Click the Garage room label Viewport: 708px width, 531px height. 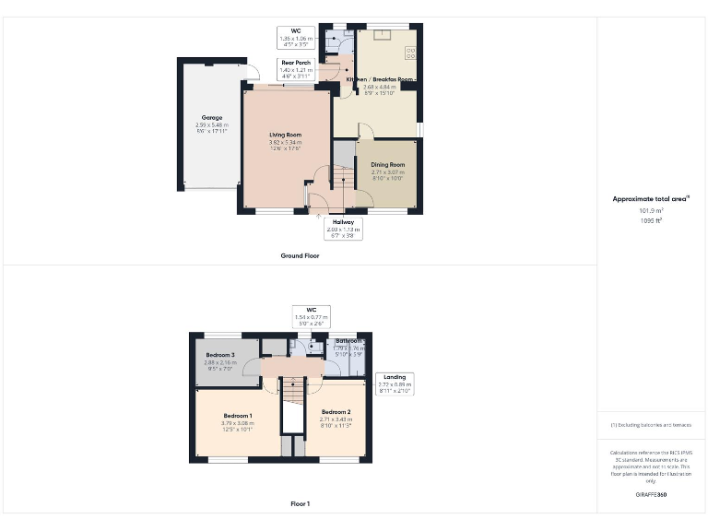pyautogui.click(x=213, y=118)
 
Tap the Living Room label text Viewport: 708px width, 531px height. pyautogui.click(x=285, y=136)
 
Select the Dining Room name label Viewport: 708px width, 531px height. pyautogui.click(x=388, y=164)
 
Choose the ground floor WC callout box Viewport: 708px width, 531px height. pyautogui.click(x=297, y=36)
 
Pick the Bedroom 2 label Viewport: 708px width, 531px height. pyautogui.click(x=336, y=411)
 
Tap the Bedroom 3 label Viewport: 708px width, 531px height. pyautogui.click(x=220, y=355)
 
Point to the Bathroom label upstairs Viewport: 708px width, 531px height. pyautogui.click(x=348, y=341)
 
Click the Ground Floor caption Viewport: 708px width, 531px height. pyautogui.click(x=300, y=255)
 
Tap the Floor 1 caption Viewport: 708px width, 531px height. pyautogui.click(x=300, y=503)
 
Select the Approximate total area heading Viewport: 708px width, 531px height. pyautogui.click(x=651, y=199)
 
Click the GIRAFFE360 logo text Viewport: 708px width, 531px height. pyautogui.click(x=651, y=495)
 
